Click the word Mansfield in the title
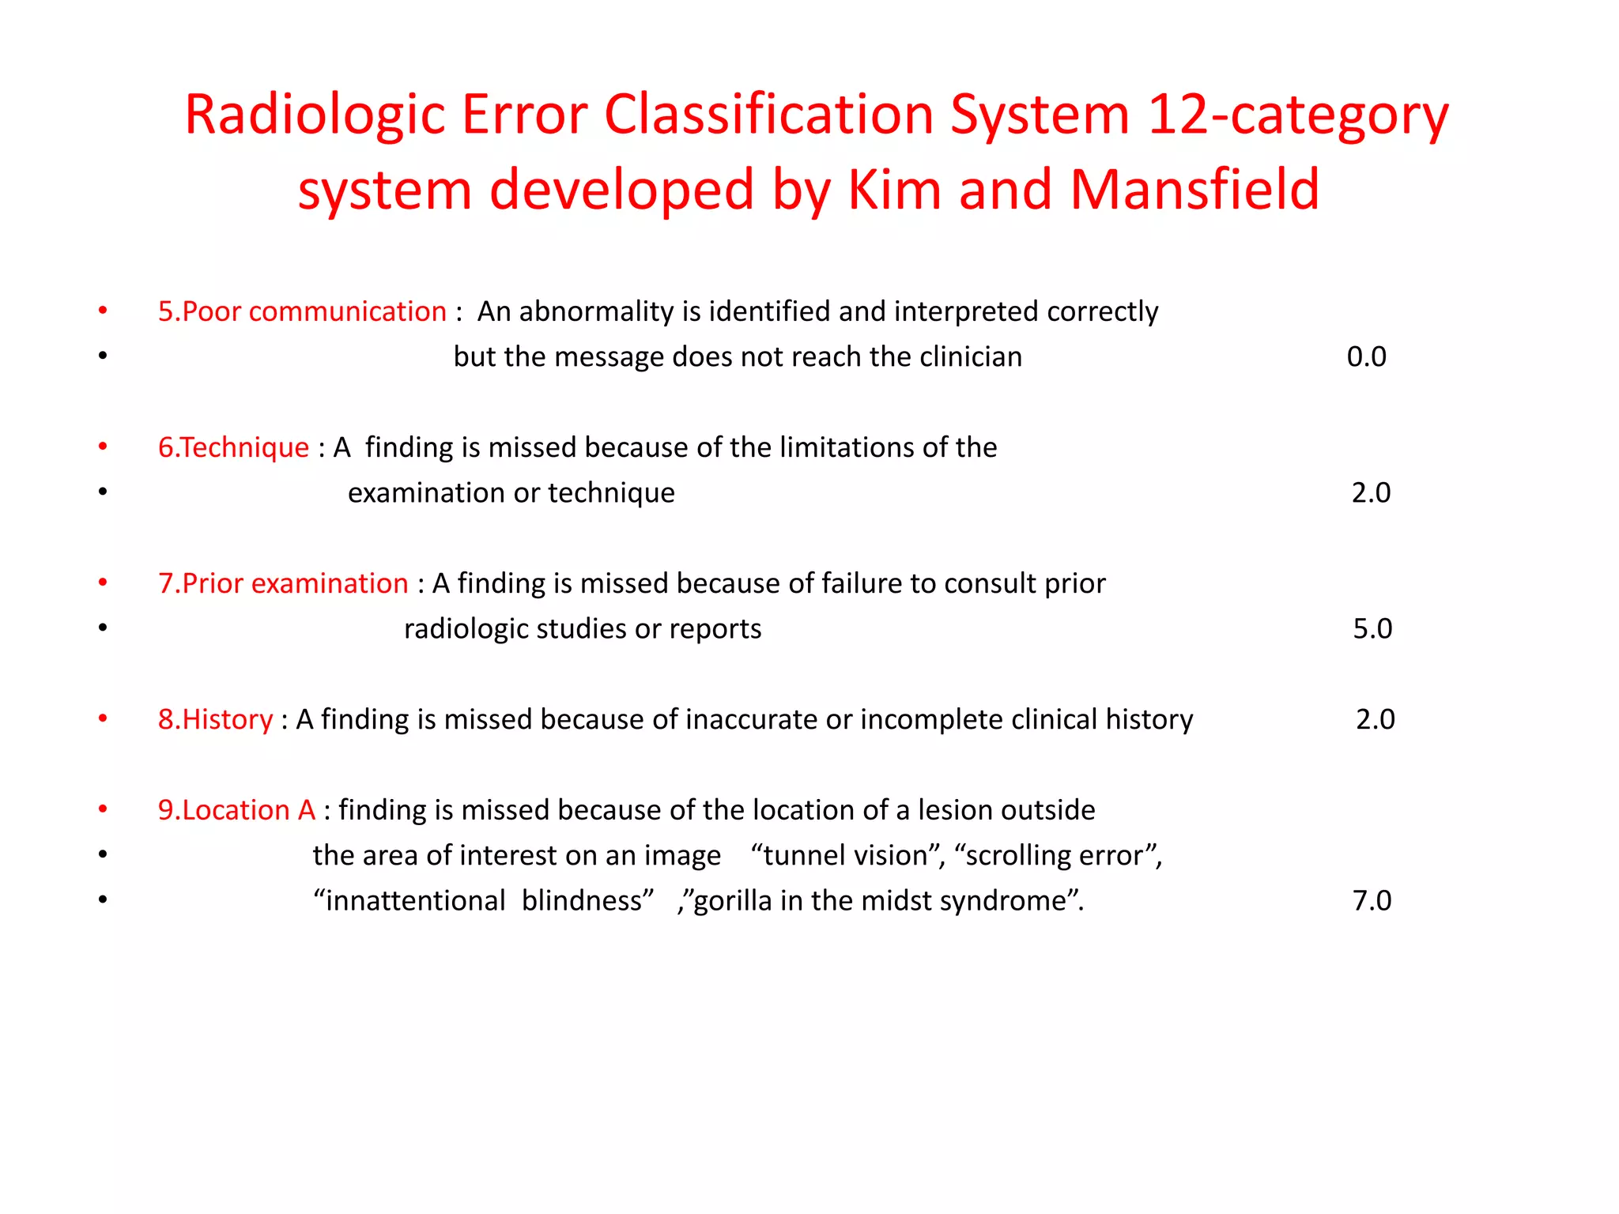tap(1194, 190)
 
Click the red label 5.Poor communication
tap(302, 311)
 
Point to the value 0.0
tap(1366, 356)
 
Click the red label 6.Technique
tap(233, 447)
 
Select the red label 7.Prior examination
tap(283, 583)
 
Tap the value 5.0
tap(1372, 628)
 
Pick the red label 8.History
tap(215, 719)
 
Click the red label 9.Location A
tap(236, 810)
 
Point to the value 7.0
tap(1372, 900)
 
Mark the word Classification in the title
tap(768, 115)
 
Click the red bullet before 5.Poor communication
tap(103, 311)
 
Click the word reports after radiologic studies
tap(715, 628)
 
